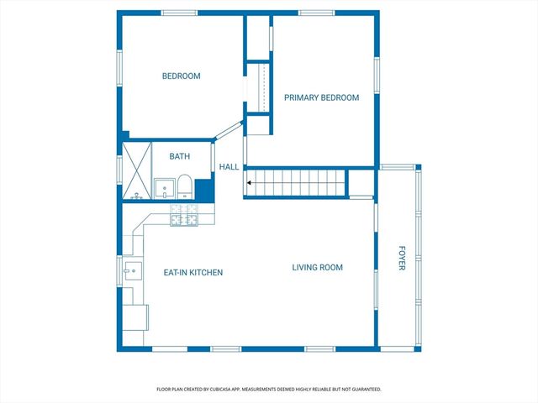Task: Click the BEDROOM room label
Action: [x=182, y=76]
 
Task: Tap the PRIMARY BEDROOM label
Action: [x=321, y=97]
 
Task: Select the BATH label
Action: [x=179, y=156]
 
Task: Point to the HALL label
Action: [x=229, y=167]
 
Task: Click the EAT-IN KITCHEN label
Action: [x=193, y=272]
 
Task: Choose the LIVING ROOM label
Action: [x=318, y=267]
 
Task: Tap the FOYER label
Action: [x=402, y=258]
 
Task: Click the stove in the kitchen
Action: [x=184, y=215]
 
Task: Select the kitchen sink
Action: [x=133, y=271]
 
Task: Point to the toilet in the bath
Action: [x=185, y=186]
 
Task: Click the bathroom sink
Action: [x=165, y=188]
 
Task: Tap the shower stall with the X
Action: [x=137, y=170]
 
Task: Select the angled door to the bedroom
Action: [x=229, y=130]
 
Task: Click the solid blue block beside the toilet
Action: [x=204, y=191]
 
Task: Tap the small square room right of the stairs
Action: [x=361, y=183]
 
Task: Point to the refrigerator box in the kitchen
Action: [x=135, y=317]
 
